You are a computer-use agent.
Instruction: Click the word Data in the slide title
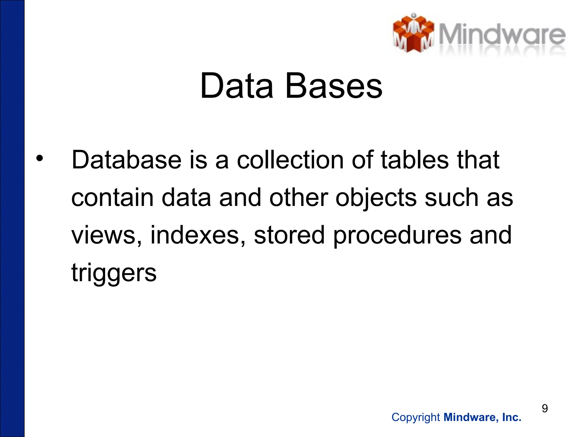pos(237,86)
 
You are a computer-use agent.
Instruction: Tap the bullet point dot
pos(40,158)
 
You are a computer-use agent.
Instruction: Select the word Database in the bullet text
pos(126,160)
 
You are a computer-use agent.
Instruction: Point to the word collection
pos(290,160)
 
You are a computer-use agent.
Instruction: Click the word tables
pos(414,160)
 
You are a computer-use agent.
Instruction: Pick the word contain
pos(112,198)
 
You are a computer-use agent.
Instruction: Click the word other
pos(299,198)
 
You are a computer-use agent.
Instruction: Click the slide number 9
pos(545,408)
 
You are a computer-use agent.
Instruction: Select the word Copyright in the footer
pos(416,417)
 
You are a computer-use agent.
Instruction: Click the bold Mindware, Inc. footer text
pos(483,417)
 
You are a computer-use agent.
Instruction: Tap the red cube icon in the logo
pos(413,34)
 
